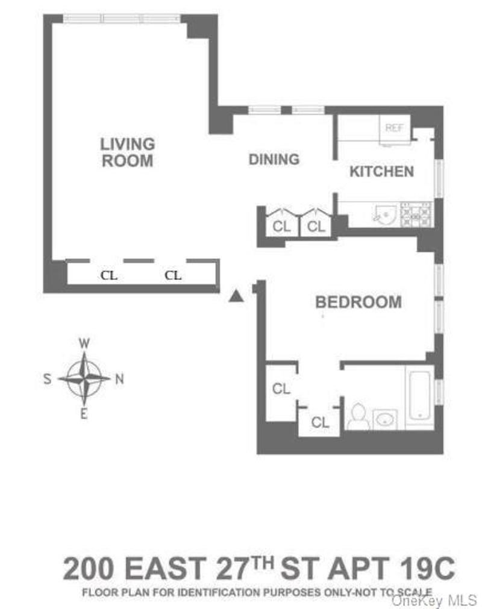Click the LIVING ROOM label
coord(127,152)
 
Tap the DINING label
coord(274,159)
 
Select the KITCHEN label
coord(382,171)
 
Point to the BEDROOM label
coord(358,302)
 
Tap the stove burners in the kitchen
coord(416,214)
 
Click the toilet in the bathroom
coord(358,417)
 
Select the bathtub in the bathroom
coord(420,395)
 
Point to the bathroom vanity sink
coord(385,419)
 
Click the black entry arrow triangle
coord(236,296)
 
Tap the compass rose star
coord(84,378)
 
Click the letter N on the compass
coord(120,379)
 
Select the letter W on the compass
coord(84,343)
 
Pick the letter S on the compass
coord(48,379)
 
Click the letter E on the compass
coord(84,414)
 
